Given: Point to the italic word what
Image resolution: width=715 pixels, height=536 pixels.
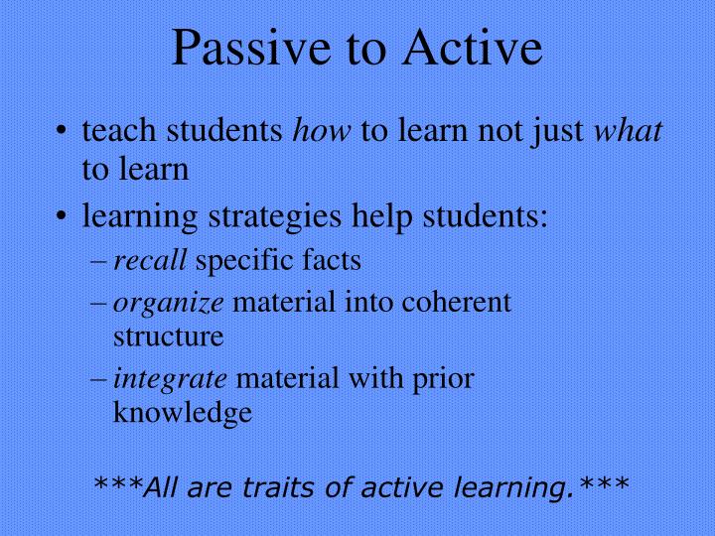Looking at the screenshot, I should coord(635,131).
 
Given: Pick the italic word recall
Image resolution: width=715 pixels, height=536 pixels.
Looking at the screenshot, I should coord(150,261).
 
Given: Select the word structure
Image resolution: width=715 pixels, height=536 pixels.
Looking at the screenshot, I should coord(168,335).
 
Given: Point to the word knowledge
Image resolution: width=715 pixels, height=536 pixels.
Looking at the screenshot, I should coord(183,412).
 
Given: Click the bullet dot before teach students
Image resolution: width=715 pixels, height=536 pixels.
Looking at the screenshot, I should coord(64,132).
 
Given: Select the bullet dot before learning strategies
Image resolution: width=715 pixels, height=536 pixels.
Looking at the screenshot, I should coord(64,215).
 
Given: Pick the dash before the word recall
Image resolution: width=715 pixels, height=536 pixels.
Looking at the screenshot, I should coord(102,262).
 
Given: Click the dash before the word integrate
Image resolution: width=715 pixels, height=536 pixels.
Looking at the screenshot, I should coord(102,379).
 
